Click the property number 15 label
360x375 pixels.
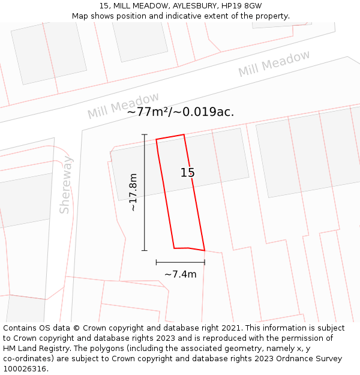tap(188, 173)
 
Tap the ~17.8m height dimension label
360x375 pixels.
tap(133, 192)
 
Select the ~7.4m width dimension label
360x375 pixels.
tap(181, 274)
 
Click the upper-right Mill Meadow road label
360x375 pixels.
tap(274, 64)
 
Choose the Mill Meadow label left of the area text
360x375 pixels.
tap(123, 106)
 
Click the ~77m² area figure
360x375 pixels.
tap(148, 112)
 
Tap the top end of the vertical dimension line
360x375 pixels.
tap(145, 134)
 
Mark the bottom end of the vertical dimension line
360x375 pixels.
tap(145, 250)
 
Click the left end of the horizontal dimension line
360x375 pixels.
tap(156, 262)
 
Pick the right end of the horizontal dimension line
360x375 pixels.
tap(205, 262)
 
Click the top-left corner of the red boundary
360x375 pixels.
tap(157, 140)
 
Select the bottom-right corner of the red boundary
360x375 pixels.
tap(205, 250)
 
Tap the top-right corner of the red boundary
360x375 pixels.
tap(184, 134)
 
